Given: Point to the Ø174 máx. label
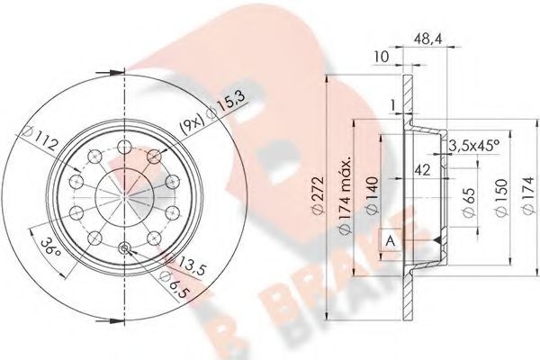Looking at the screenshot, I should point(344,197).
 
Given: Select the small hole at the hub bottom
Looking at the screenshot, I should point(124,247).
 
